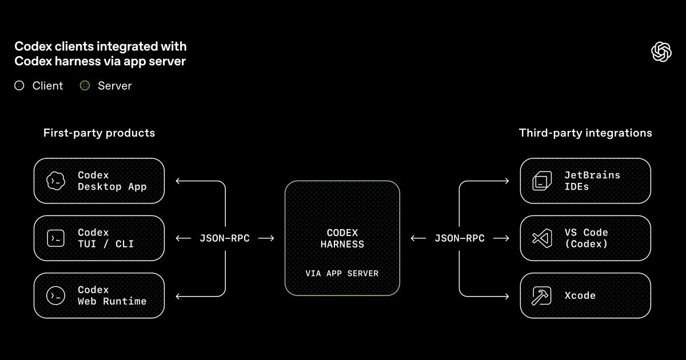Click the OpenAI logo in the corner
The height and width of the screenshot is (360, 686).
[x=661, y=52]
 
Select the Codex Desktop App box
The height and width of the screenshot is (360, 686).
[x=99, y=181]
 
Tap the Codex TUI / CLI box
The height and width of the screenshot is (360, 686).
[x=99, y=238]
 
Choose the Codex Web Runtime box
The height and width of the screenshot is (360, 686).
[x=99, y=295]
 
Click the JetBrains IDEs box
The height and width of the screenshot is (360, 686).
[x=585, y=181]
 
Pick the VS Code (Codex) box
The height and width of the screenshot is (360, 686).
[x=585, y=238]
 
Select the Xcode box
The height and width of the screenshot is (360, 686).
[x=585, y=295]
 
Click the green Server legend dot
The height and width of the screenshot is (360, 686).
[x=85, y=86]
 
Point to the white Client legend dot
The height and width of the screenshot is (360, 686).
[x=19, y=86]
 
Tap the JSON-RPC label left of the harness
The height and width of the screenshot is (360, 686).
[x=225, y=238]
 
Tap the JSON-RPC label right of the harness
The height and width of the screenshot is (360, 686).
[x=460, y=238]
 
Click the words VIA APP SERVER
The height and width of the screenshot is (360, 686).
[x=342, y=273]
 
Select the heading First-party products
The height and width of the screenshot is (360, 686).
[x=99, y=133]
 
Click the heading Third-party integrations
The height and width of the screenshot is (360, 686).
[x=585, y=133]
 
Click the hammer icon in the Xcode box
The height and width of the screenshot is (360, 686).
[x=540, y=295]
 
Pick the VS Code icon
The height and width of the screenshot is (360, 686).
[x=541, y=238]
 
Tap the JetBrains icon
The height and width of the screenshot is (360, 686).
[x=541, y=181]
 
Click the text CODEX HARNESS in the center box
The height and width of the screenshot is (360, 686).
[x=342, y=238]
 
